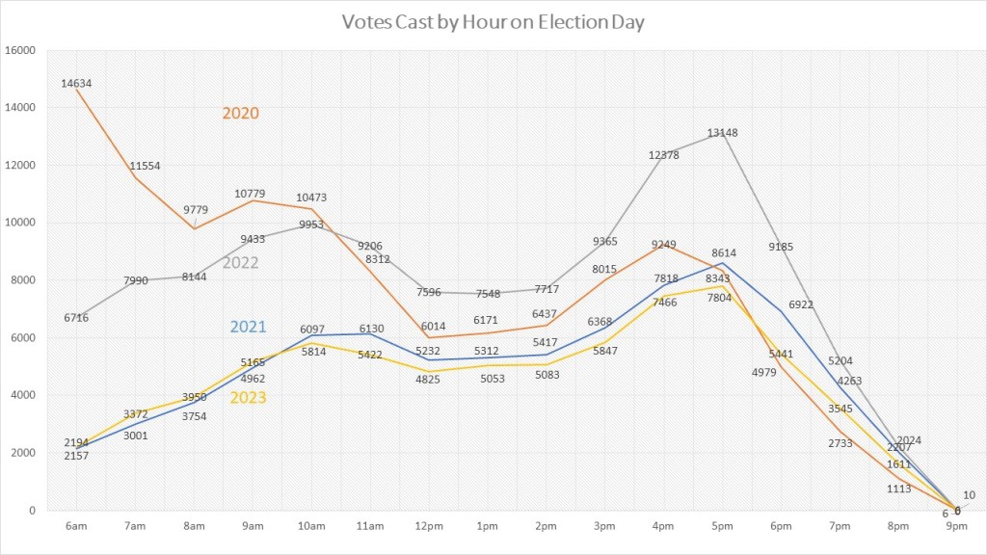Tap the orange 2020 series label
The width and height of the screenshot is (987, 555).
tap(241, 113)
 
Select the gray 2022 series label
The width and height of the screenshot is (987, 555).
tap(241, 262)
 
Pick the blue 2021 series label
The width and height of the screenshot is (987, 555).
tap(247, 328)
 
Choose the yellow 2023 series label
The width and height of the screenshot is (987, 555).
tap(248, 397)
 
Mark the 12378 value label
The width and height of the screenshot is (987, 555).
tap(664, 155)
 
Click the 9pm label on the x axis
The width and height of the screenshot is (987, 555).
tap(955, 526)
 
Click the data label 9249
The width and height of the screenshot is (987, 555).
tap(663, 246)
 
